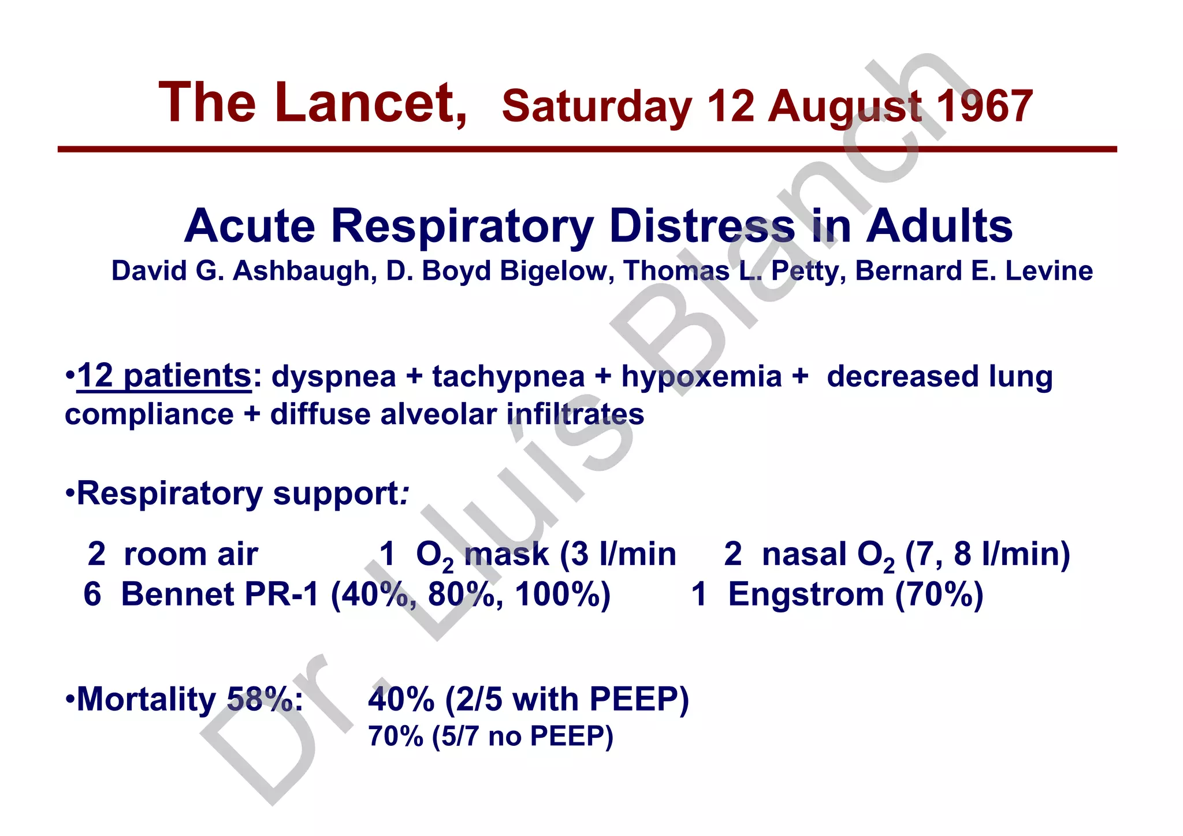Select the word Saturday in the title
click(x=597, y=106)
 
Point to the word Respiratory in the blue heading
click(x=463, y=226)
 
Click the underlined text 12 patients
click(x=164, y=376)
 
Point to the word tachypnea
click(x=508, y=377)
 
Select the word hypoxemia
click(x=701, y=377)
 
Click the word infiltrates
click(x=575, y=414)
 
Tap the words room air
click(x=191, y=554)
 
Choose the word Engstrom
click(x=806, y=594)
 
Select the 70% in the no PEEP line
click(x=396, y=737)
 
